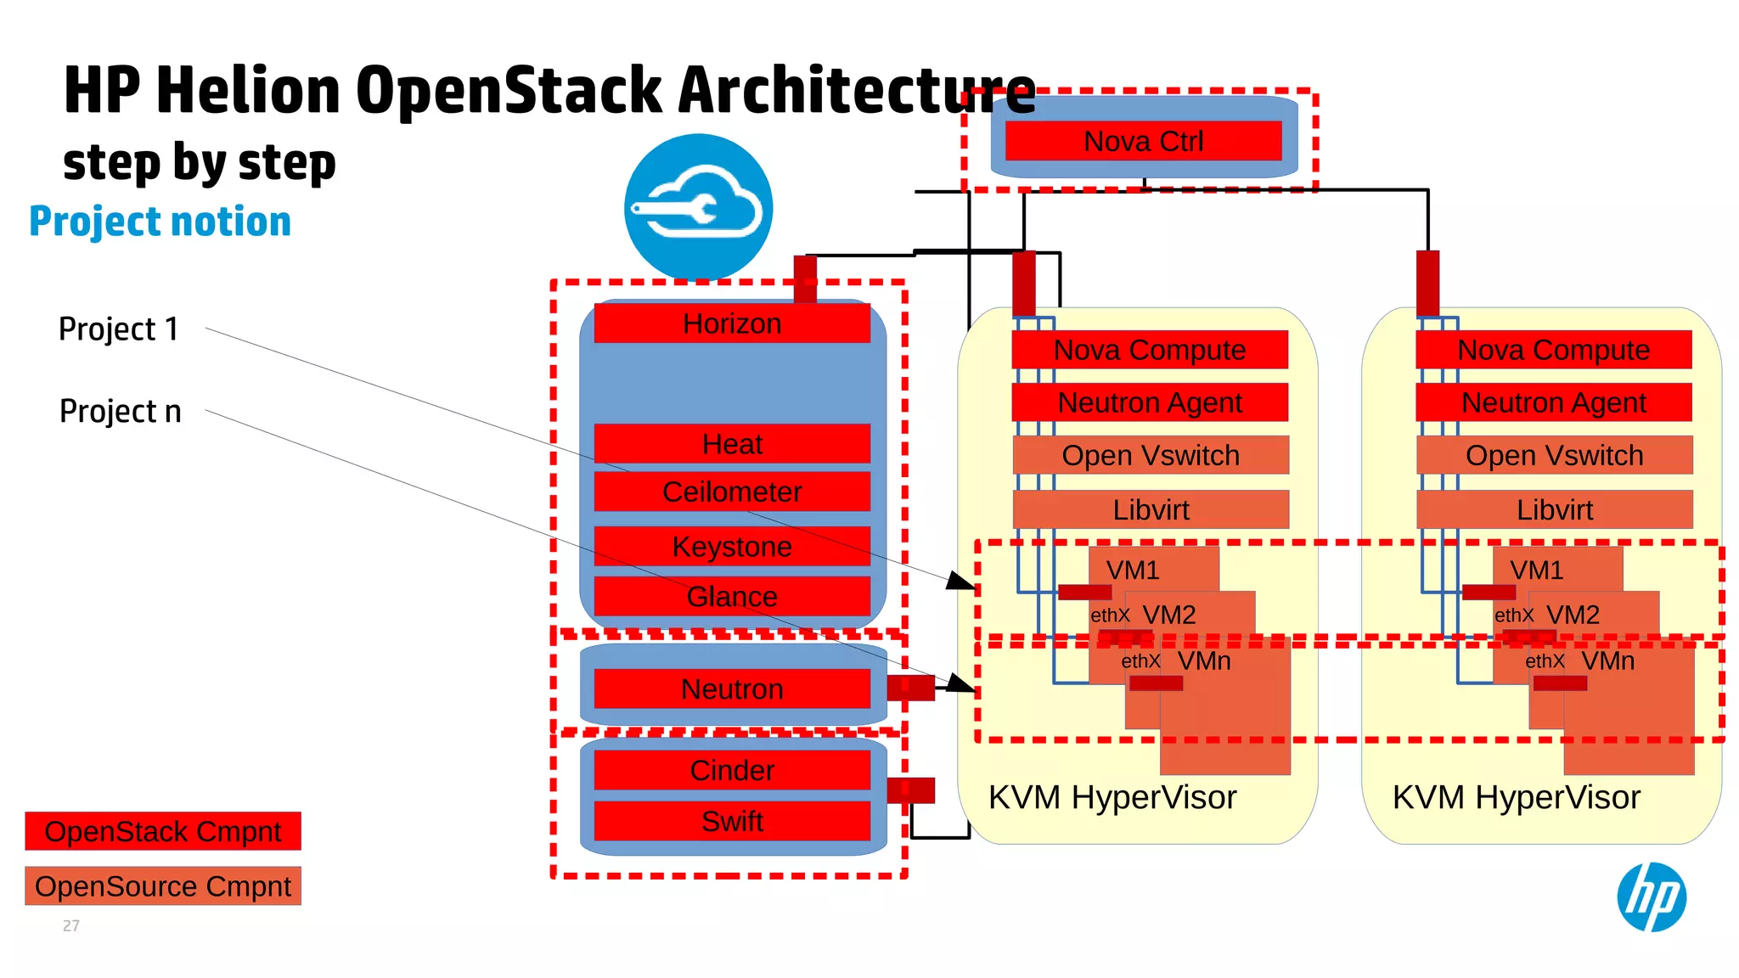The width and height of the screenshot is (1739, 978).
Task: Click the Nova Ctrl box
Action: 1143,141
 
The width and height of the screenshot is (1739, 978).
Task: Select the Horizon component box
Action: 731,323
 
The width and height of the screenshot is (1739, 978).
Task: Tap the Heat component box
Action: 731,444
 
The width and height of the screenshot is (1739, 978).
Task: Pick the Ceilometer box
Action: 731,492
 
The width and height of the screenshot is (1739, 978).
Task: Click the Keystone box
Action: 731,547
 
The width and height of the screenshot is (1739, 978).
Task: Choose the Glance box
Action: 731,596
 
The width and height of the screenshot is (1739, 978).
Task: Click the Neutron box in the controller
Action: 731,689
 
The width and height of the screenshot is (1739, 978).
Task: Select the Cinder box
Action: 731,770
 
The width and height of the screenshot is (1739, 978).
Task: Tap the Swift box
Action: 731,821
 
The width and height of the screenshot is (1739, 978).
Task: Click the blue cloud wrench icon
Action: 698,207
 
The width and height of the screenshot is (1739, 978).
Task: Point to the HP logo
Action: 1651,896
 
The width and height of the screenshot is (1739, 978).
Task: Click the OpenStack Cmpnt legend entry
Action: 163,831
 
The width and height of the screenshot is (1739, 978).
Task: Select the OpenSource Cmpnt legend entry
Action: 163,886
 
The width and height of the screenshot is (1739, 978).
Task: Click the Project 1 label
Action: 119,329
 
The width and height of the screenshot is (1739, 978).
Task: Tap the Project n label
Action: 120,411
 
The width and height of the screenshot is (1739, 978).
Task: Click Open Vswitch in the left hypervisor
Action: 1151,455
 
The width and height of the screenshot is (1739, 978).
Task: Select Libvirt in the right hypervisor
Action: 1554,509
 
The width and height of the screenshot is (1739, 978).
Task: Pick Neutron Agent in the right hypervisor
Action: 1553,402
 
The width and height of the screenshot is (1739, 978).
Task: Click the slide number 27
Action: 71,925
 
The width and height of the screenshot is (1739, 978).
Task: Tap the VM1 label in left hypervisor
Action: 1133,570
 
